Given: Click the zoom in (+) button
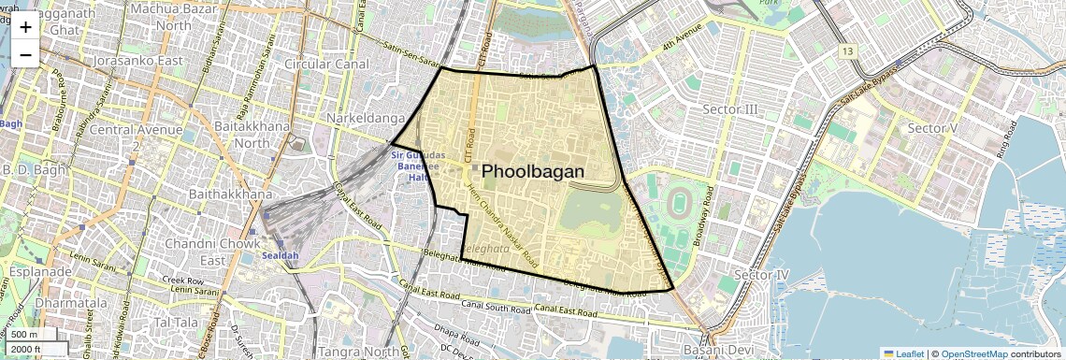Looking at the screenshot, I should [x=25, y=26].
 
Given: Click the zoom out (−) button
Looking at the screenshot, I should [x=25, y=54].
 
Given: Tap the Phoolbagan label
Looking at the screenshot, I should [x=532, y=172].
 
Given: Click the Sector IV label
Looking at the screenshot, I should [x=762, y=275].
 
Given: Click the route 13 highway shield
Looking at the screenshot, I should [x=847, y=50].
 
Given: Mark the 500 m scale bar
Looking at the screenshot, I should [x=26, y=334].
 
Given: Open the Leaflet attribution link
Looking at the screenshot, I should [x=903, y=353].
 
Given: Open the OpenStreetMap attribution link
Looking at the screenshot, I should [x=973, y=353].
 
